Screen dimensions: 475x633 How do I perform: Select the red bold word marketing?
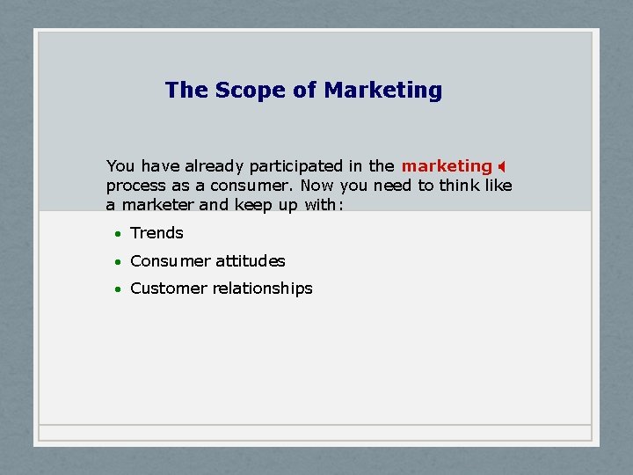coord(447,166)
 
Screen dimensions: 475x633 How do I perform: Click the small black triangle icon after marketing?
coord(501,166)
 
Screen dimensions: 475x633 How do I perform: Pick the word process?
coord(135,186)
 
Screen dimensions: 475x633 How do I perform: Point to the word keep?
coord(251,205)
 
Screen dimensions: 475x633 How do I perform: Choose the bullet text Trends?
coord(156,233)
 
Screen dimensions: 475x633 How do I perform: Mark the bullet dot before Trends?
coord(117,234)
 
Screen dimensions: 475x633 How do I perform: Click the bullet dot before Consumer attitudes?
coord(117,262)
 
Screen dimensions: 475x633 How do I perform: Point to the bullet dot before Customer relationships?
coord(117,289)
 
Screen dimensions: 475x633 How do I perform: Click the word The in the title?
coord(185,91)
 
